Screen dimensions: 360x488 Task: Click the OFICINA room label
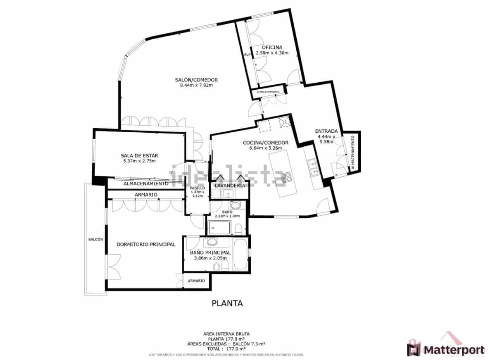(x=272, y=47)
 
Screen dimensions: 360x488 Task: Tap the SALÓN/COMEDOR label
(x=196, y=80)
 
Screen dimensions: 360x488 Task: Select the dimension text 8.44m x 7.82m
(x=196, y=86)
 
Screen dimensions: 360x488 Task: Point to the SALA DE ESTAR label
(x=139, y=155)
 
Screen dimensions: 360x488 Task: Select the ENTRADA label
(x=326, y=131)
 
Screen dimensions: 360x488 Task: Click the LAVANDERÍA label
(x=230, y=186)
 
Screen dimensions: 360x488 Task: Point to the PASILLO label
(x=198, y=188)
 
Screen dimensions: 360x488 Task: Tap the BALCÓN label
(x=95, y=239)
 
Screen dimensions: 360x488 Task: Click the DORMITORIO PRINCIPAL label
(x=146, y=244)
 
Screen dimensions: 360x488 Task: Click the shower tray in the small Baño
(x=219, y=227)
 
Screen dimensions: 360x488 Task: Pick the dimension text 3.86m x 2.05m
(x=210, y=258)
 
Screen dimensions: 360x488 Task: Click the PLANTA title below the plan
(x=227, y=303)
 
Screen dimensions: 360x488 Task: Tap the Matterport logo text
(x=453, y=350)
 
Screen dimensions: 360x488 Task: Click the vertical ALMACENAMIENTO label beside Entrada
(x=352, y=153)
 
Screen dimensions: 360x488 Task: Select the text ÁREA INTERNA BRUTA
(x=226, y=334)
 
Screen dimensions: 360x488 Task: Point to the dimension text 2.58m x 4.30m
(x=272, y=53)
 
